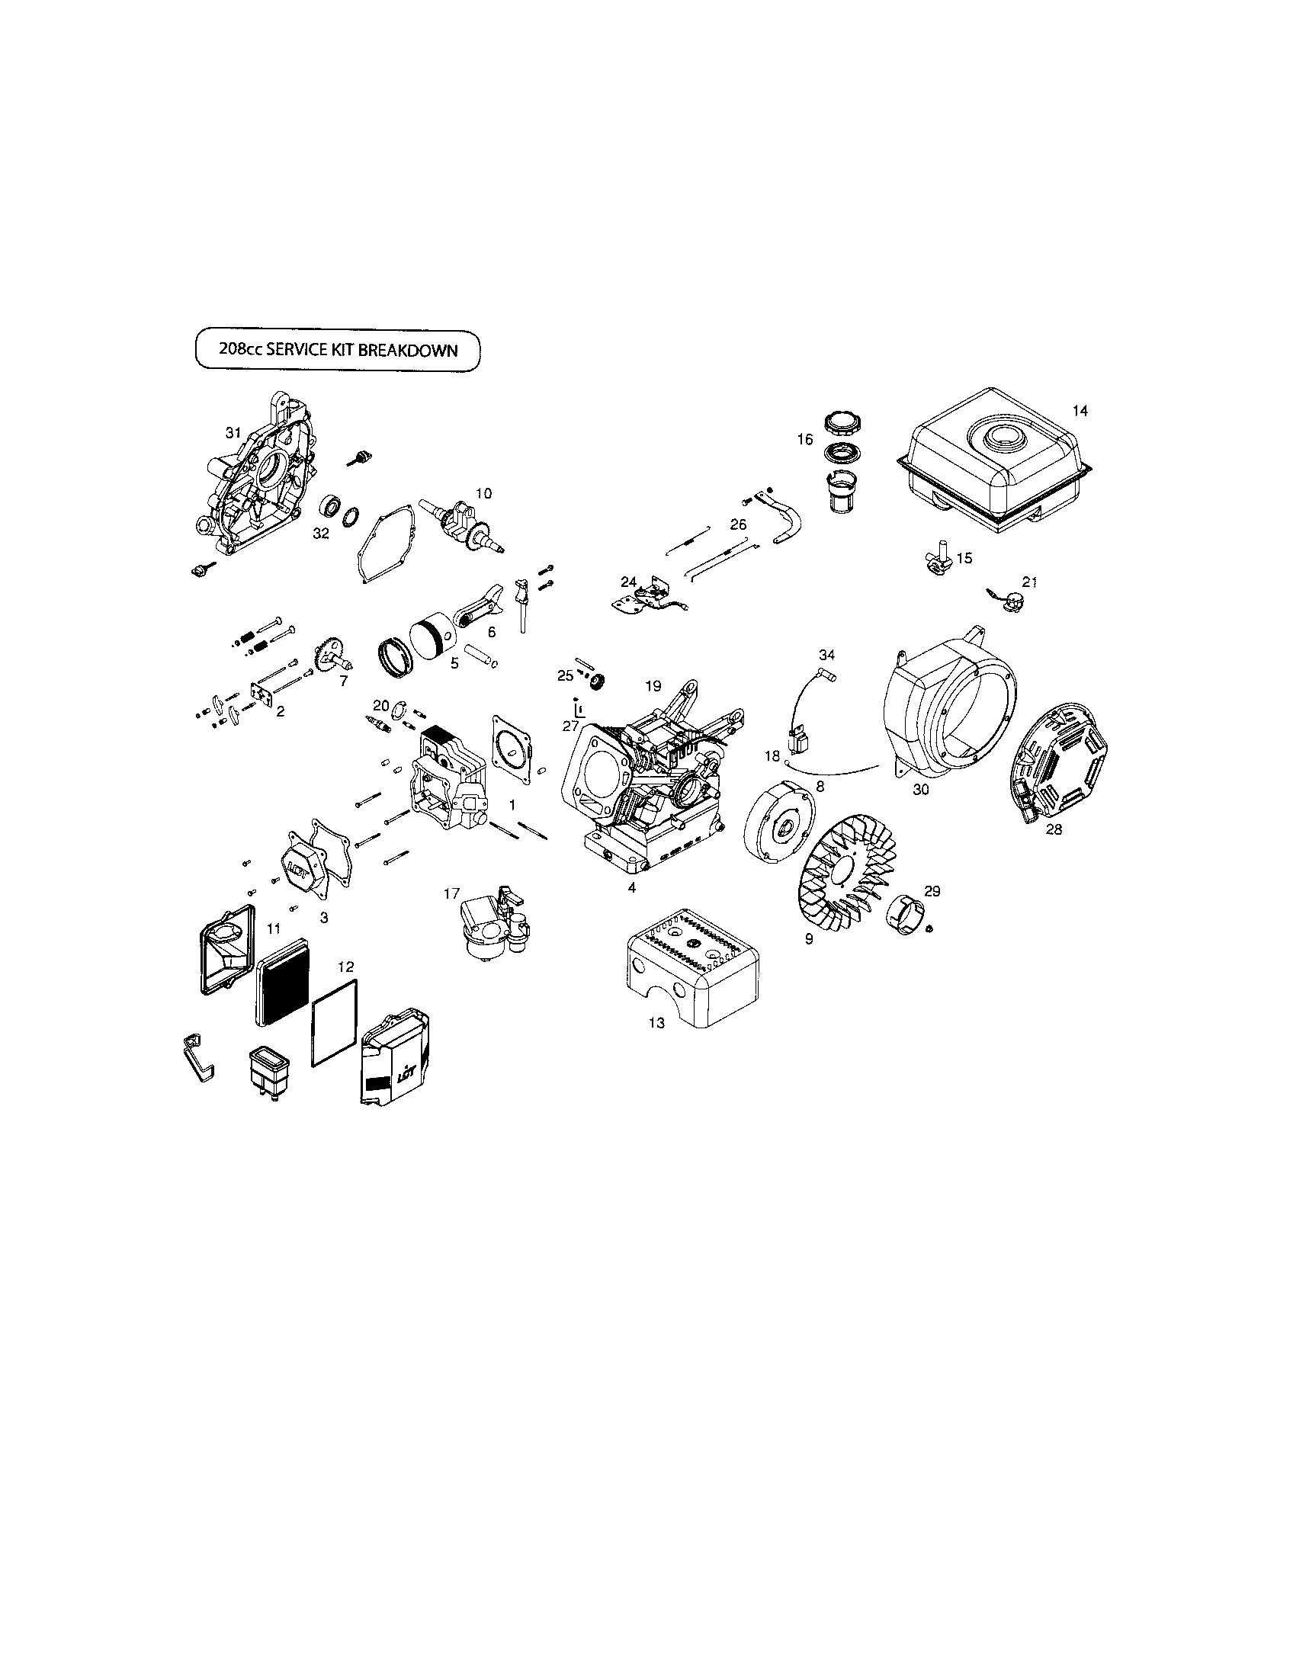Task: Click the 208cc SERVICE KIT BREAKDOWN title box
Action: click(338, 350)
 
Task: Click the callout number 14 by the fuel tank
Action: click(1080, 411)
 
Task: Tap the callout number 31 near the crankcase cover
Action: click(233, 433)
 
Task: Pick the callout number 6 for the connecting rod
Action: click(492, 632)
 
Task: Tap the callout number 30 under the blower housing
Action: click(921, 789)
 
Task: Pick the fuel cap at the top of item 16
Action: click(844, 423)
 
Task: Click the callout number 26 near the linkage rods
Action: click(738, 524)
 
